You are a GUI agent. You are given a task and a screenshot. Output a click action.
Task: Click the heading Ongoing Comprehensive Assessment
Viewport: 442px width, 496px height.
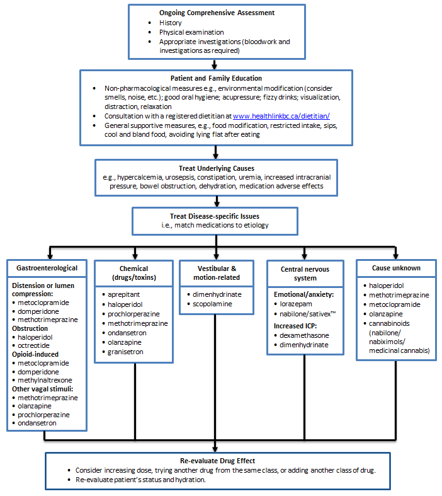pyautogui.click(x=216, y=13)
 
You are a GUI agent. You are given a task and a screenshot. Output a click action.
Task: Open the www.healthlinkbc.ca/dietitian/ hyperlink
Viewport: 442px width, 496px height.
pyautogui.click(x=281, y=116)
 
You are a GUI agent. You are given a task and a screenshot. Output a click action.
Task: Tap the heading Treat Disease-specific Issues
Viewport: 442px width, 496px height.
pyautogui.click(x=214, y=216)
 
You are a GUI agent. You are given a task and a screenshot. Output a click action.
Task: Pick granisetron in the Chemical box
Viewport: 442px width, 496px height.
pyautogui.click(x=127, y=352)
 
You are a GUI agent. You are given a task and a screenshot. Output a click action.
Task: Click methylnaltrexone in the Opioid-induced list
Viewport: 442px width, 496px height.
pyautogui.click(x=45, y=381)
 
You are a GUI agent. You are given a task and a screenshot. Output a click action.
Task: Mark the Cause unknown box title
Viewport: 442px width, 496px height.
pyautogui.click(x=396, y=268)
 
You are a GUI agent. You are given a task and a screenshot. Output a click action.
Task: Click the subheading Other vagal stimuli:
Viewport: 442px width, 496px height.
pyautogui.click(x=42, y=389)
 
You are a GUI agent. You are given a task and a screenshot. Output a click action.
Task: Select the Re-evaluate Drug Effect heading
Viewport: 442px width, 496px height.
pyautogui.click(x=216, y=461)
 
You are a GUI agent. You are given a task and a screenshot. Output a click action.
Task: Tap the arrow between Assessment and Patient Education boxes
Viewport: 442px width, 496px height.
pyautogui.click(x=215, y=64)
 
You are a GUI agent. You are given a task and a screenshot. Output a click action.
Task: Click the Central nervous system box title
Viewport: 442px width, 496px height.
pyautogui.click(x=305, y=273)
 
